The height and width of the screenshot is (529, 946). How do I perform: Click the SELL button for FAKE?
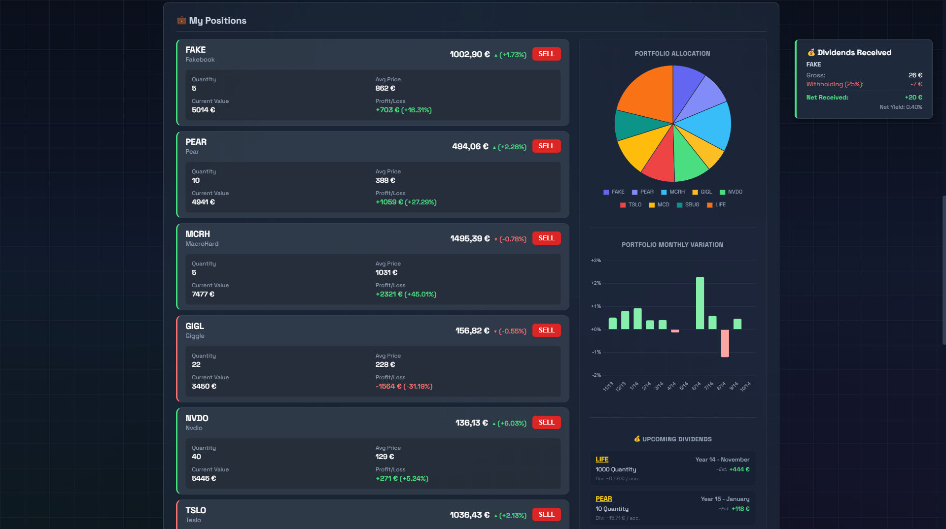[546, 54]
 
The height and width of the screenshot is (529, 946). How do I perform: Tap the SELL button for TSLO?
[546, 514]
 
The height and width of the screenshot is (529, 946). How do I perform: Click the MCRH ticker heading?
[198, 234]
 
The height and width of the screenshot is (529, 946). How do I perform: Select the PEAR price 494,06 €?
[470, 146]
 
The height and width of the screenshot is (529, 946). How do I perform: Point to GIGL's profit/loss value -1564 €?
[388, 386]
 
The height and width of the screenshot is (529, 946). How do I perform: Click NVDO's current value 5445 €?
[204, 478]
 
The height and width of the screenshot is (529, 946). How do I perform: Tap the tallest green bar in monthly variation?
[700, 303]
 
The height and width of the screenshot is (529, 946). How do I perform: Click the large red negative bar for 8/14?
[725, 343]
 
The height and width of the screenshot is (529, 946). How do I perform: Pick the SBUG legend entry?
[688, 205]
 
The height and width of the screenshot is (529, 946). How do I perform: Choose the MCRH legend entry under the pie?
[673, 192]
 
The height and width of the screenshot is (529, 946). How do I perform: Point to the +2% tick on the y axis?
[596, 283]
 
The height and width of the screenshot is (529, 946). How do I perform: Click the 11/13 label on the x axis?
[608, 387]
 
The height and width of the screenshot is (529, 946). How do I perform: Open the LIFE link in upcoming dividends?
[602, 460]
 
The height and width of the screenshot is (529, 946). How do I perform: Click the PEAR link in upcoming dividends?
[604, 499]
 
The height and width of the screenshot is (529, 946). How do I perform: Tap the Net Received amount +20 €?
[913, 98]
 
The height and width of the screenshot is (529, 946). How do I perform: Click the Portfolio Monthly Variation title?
[672, 245]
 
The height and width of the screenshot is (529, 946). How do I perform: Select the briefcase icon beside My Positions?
[181, 20]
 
